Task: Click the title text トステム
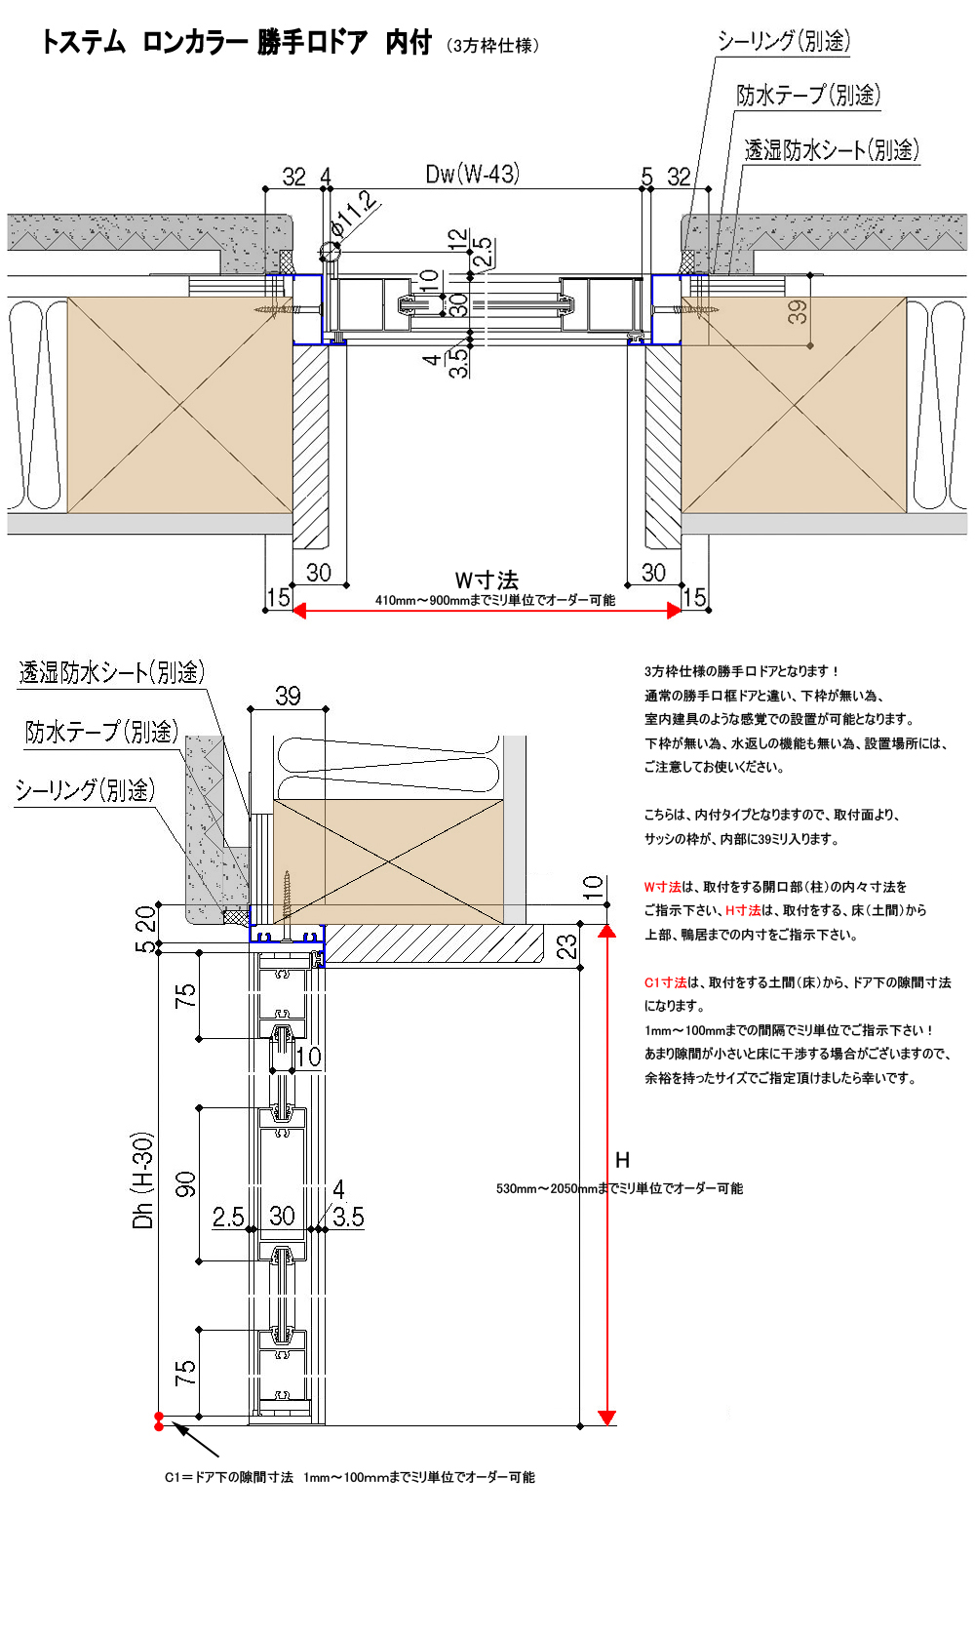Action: pyautogui.click(x=84, y=43)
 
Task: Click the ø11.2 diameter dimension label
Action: pyautogui.click(x=354, y=213)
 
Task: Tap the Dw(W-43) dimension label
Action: pyautogui.click(x=472, y=174)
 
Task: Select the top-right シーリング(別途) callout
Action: pyautogui.click(x=784, y=41)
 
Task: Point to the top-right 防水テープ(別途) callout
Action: pyautogui.click(x=808, y=95)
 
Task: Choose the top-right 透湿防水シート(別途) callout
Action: pyautogui.click(x=832, y=149)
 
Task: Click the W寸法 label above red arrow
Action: pyautogui.click(x=487, y=580)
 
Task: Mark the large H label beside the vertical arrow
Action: pyautogui.click(x=622, y=1160)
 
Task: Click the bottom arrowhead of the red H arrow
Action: pyautogui.click(x=606, y=1418)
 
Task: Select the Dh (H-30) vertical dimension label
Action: pyautogui.click(x=142, y=1180)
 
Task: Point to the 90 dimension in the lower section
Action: pyautogui.click(x=185, y=1183)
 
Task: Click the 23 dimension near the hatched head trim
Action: pyautogui.click(x=566, y=946)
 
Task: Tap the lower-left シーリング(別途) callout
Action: pyautogui.click(x=85, y=789)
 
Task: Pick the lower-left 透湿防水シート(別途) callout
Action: pyautogui.click(x=111, y=672)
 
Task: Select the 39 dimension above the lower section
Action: pyautogui.click(x=288, y=696)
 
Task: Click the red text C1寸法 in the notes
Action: pyautogui.click(x=665, y=982)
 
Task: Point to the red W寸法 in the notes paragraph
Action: pyautogui.click(x=662, y=887)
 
